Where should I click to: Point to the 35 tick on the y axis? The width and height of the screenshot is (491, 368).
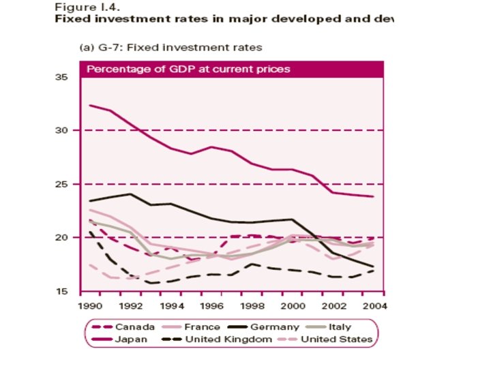[x=61, y=77]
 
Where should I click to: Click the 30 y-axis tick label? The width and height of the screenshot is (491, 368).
[x=61, y=130]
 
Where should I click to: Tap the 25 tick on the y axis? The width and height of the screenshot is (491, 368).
[x=61, y=184]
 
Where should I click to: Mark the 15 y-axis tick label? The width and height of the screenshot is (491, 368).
[x=61, y=291]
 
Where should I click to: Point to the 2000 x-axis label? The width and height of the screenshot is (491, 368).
[x=293, y=305]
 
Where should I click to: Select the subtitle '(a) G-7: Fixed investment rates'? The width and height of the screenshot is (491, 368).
[x=167, y=47]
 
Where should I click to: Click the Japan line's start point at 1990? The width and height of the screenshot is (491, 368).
[x=90, y=105]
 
